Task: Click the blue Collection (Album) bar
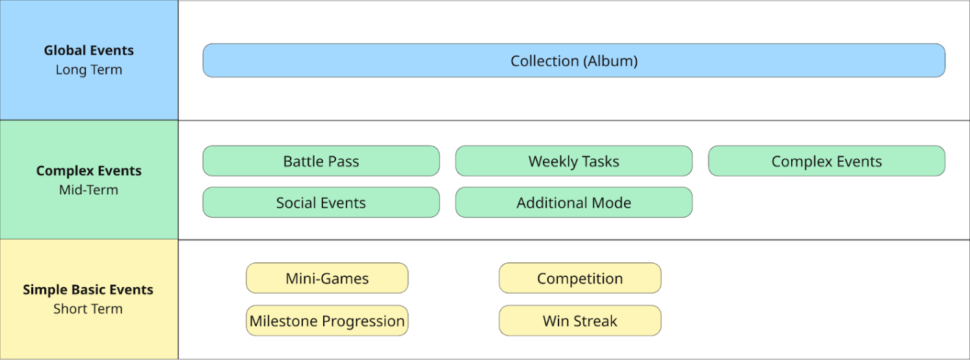(x=573, y=60)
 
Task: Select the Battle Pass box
(x=321, y=161)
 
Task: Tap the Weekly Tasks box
(x=573, y=161)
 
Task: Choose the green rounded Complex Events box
(x=826, y=161)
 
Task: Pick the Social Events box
(x=321, y=203)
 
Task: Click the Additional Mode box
(x=573, y=203)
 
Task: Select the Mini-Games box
(x=327, y=278)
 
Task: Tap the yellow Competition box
(x=579, y=278)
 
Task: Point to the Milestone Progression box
(x=327, y=320)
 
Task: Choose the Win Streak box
(x=579, y=320)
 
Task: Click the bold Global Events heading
(x=89, y=50)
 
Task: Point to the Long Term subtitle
(x=89, y=70)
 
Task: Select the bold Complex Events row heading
(x=89, y=171)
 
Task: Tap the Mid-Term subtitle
(x=89, y=190)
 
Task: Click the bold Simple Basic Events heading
(x=88, y=290)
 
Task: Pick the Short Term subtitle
(x=88, y=309)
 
